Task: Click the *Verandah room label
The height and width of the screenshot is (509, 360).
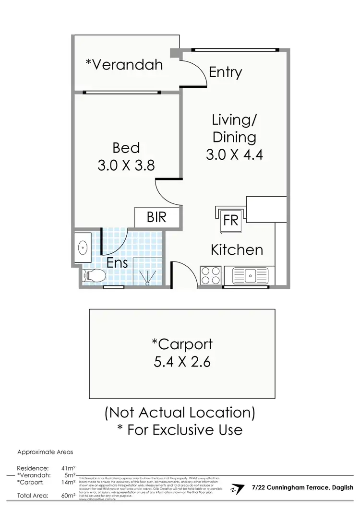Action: [x=124, y=64]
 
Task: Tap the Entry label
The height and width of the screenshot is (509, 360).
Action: [x=225, y=72]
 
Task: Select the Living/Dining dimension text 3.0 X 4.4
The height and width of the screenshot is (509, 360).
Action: [x=234, y=154]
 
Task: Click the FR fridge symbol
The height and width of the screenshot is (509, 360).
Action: [x=231, y=220]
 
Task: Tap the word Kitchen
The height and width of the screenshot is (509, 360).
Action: [x=237, y=249]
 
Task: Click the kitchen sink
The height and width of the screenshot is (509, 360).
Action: [x=250, y=276]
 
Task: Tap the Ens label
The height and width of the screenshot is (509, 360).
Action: [x=117, y=262]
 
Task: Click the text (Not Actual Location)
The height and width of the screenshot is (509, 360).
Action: [x=180, y=412]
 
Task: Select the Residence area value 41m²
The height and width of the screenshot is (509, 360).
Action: [x=68, y=468]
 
